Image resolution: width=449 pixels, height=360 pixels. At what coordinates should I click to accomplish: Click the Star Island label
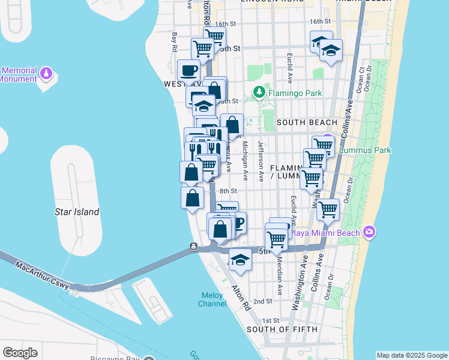(x=77, y=212)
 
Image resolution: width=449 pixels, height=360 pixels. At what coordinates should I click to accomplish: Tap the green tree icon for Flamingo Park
(x=259, y=92)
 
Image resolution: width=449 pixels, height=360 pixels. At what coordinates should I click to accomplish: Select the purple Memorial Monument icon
(x=46, y=74)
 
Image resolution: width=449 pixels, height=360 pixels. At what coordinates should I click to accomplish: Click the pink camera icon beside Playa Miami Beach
(x=369, y=232)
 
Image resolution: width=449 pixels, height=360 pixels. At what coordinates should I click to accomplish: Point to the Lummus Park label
(x=365, y=150)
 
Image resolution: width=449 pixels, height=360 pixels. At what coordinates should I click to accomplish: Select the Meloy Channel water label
(x=212, y=299)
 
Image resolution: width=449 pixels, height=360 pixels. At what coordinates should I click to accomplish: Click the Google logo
(x=20, y=353)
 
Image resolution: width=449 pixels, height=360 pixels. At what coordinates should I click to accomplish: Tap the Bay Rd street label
(x=174, y=43)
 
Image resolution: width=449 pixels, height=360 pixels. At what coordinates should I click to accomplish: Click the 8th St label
(x=229, y=191)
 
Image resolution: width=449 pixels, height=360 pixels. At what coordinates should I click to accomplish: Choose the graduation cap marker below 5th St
(x=240, y=259)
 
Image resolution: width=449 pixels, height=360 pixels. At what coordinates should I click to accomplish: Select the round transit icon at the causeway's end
(x=193, y=246)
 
